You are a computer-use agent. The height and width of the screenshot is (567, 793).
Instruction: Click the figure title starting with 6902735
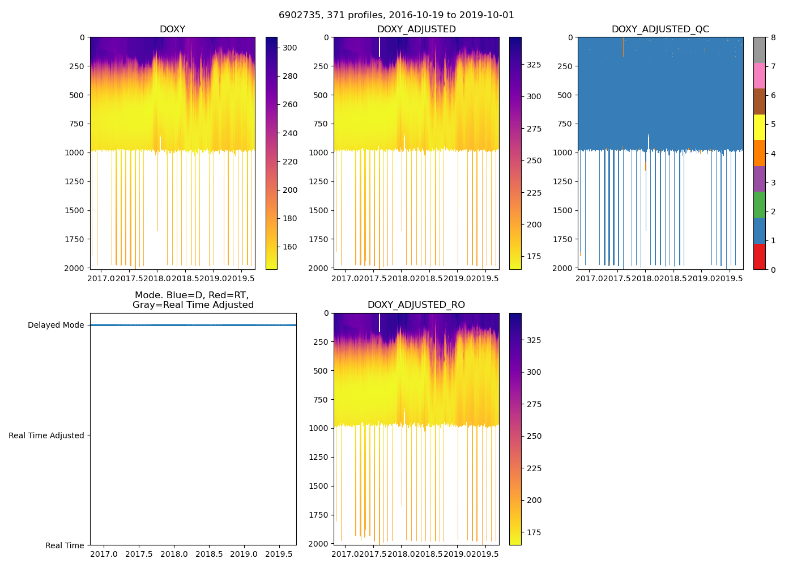point(396,15)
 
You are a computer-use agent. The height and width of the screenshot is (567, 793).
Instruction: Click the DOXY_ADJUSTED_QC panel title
point(660,29)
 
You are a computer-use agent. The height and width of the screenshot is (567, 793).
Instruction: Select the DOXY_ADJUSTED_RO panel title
point(416,305)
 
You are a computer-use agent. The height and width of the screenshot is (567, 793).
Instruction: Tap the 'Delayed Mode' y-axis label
point(56,325)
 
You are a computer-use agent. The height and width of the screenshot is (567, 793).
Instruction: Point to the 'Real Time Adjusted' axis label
point(46,435)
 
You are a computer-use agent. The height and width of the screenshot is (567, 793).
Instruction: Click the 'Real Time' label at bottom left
point(65,545)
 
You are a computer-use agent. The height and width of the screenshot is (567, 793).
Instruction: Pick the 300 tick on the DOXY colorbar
point(290,48)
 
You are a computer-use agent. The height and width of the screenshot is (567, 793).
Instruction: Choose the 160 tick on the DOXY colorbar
point(290,247)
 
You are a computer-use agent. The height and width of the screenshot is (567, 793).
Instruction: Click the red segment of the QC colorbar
point(759,256)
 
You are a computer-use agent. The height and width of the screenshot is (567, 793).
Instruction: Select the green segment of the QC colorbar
point(759,205)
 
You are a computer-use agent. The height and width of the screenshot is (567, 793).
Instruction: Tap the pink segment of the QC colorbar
point(759,75)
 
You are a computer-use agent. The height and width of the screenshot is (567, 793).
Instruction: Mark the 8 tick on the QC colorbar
point(773,37)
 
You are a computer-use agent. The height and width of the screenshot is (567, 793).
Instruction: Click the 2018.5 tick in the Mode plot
point(209,554)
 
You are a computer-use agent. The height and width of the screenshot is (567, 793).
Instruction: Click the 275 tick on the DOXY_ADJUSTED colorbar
point(534,129)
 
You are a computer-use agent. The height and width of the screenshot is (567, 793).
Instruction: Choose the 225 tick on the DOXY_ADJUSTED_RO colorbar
point(534,468)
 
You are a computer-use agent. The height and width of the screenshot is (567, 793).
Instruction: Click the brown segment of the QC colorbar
point(759,101)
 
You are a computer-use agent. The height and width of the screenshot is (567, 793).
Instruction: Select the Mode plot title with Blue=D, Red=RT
point(193,300)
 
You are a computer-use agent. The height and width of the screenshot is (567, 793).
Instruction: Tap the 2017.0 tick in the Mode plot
point(104,554)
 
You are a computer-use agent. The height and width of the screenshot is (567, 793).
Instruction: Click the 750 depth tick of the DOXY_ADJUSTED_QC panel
point(565,124)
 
